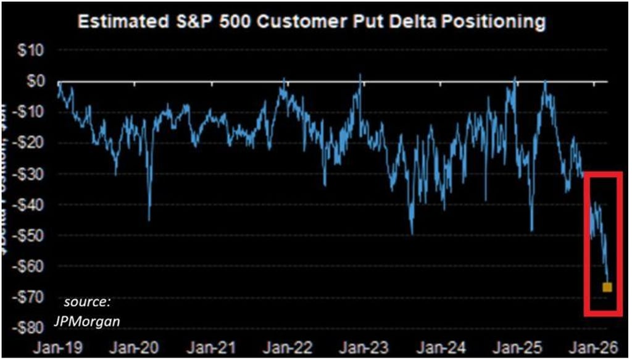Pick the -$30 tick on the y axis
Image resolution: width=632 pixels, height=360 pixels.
(x=25, y=174)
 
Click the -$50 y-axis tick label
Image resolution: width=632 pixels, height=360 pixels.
(x=25, y=236)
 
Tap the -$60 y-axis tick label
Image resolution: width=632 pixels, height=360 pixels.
(x=25, y=267)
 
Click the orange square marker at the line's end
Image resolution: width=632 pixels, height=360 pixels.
(x=607, y=287)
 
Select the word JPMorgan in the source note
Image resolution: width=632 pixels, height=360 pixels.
(x=95, y=320)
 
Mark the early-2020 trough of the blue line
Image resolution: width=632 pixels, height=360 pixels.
(x=149, y=219)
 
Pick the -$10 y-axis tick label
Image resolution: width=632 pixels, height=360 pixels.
(x=25, y=112)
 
